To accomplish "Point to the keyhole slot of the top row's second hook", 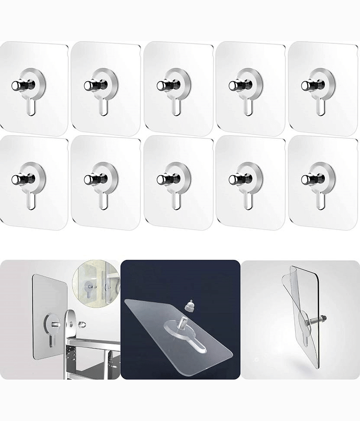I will (x=103, y=107).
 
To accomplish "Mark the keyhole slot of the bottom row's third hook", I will (x=175, y=201).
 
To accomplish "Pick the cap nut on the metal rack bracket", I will (x=82, y=325).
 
